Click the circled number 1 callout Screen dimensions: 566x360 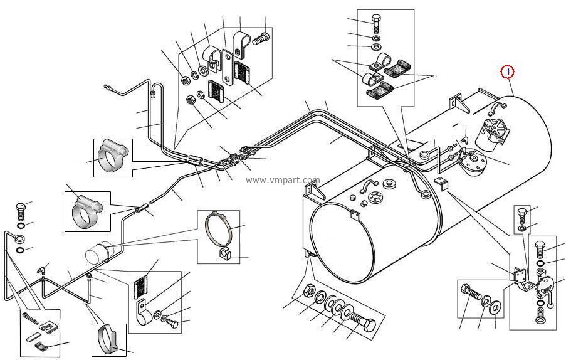coord(508,72)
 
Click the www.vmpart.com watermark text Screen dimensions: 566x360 coord(283,180)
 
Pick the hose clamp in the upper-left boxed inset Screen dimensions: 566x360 coord(112,157)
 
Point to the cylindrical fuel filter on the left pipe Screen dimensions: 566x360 coord(97,251)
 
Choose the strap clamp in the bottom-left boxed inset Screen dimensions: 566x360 coord(107,340)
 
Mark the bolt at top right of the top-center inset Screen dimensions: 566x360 coord(261,38)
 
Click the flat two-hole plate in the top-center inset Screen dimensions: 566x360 coord(228,68)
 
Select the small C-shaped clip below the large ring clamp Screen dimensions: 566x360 coord(225,254)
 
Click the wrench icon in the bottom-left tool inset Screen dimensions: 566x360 coord(29,318)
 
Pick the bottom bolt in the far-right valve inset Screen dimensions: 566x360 coord(540,315)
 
